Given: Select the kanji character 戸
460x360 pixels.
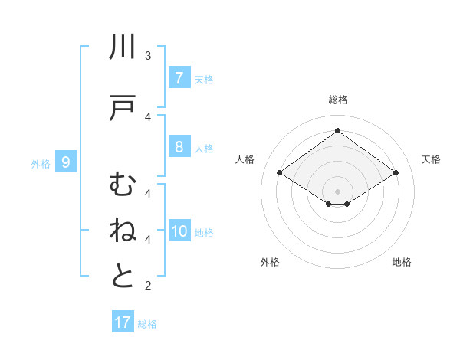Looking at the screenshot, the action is coord(123,109).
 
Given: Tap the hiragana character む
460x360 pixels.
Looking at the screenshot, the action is coord(123,185).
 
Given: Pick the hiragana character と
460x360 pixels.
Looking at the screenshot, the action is coord(123,277).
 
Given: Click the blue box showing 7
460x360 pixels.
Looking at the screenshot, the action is coord(179,78).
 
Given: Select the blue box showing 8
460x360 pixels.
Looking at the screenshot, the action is coord(179,147).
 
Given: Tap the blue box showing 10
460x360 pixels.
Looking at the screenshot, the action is coord(179,232).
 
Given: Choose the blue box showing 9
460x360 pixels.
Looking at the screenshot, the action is coord(66,162).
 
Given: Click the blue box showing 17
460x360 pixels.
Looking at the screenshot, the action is coord(123,322).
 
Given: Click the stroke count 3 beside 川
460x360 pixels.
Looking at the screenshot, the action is coord(148,56).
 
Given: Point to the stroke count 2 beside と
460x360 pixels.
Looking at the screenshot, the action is coord(148,286).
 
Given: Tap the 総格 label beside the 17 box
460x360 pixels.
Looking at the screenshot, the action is coord(147,324).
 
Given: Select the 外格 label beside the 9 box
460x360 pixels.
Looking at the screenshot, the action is coord(41,163).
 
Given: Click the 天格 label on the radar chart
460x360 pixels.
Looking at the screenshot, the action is coord(431,159).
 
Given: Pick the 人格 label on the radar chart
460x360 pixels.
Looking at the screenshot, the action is coord(245,159).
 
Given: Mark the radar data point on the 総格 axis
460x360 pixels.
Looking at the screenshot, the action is coord(337,131).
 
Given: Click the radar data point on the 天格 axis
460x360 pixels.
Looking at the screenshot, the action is coord(396,173).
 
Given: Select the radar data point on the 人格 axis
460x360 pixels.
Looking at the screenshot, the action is coord(279,173).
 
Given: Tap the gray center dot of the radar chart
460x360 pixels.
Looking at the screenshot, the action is coord(337,191).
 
